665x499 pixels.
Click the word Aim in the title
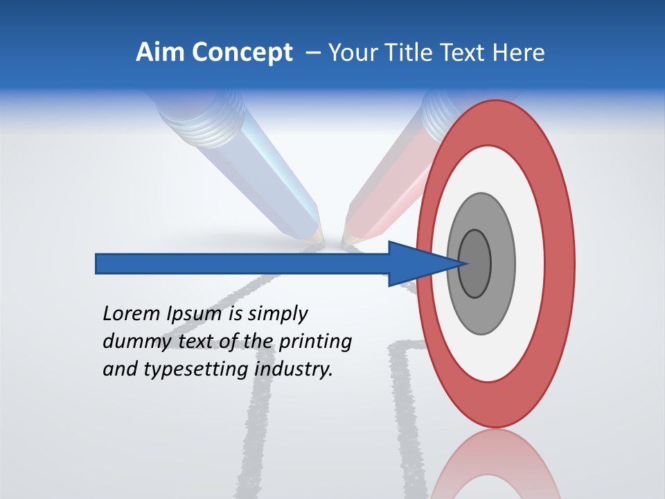click(159, 53)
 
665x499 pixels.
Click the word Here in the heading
click(519, 53)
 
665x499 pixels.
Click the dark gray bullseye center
click(475, 264)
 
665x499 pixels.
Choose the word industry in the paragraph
click(294, 370)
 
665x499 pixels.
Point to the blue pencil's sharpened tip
click(317, 238)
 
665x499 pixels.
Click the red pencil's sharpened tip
click(348, 240)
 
